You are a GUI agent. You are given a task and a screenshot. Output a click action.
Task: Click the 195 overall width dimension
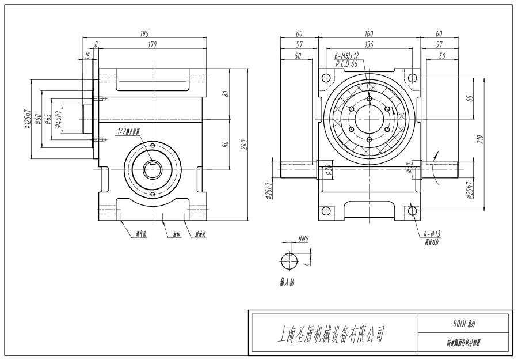(x=144, y=35)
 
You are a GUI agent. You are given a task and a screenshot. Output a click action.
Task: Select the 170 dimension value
(x=152, y=44)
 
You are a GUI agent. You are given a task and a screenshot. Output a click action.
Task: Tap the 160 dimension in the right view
(x=368, y=35)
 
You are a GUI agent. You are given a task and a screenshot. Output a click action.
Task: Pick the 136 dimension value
(x=368, y=44)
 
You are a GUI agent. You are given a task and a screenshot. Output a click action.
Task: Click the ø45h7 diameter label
(x=58, y=121)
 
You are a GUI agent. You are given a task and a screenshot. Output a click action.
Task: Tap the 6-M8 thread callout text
(x=347, y=56)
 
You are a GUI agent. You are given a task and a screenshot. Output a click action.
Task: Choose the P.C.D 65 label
(x=346, y=63)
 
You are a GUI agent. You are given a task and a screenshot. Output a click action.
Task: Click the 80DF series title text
(x=463, y=324)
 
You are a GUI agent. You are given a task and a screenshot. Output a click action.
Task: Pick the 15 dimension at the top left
(x=87, y=56)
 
